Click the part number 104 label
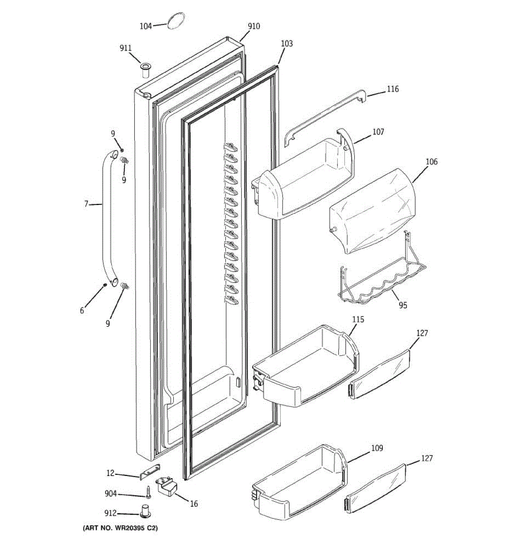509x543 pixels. pos(145,26)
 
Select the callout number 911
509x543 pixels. pos(126,48)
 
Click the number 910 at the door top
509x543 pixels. pos(254,26)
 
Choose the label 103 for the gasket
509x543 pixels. pos(287,43)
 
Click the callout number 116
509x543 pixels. pos(393,89)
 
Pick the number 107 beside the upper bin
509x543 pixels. pos(378,132)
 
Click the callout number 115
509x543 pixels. pos(358,319)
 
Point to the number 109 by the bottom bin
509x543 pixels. pos(377,448)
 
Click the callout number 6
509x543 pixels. pos(82,310)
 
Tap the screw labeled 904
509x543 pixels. pos(148,493)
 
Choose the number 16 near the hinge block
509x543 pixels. pos(194,504)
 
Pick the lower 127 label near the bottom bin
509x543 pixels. pos(427,458)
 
